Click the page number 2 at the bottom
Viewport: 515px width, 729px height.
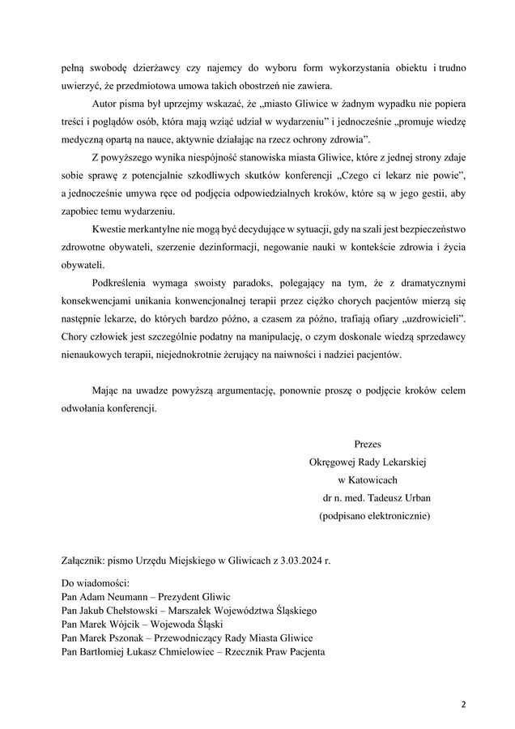(x=464, y=704)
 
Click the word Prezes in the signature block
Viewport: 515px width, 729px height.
(x=368, y=444)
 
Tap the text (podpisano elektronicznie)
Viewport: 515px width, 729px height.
(x=375, y=514)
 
